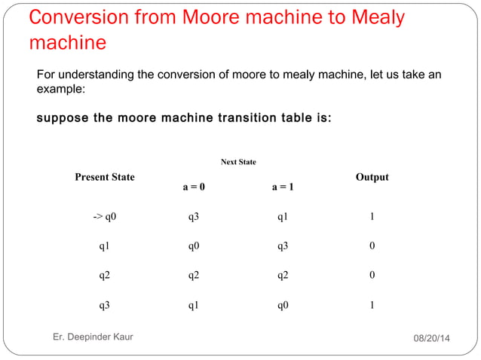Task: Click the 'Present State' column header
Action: point(105,177)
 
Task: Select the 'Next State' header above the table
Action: point(238,162)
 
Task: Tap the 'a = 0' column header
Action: point(194,188)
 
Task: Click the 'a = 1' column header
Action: point(283,188)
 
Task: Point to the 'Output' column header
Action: point(372,177)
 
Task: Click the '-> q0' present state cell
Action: point(105,217)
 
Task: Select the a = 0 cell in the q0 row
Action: point(194,217)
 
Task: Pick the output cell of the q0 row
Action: point(372,217)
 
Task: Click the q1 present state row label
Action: point(105,246)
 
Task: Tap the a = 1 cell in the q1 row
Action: point(283,246)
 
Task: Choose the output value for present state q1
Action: point(372,246)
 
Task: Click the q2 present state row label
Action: point(105,276)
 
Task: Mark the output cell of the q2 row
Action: point(372,276)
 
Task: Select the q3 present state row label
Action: point(105,306)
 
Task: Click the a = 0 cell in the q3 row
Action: point(194,306)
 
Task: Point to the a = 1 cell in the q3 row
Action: point(283,306)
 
